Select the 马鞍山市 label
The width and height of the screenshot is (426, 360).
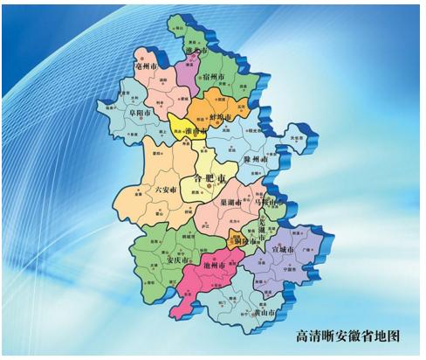pos(271,203)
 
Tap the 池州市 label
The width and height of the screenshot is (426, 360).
pos(213,264)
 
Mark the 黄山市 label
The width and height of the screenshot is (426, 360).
pos(261,313)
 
